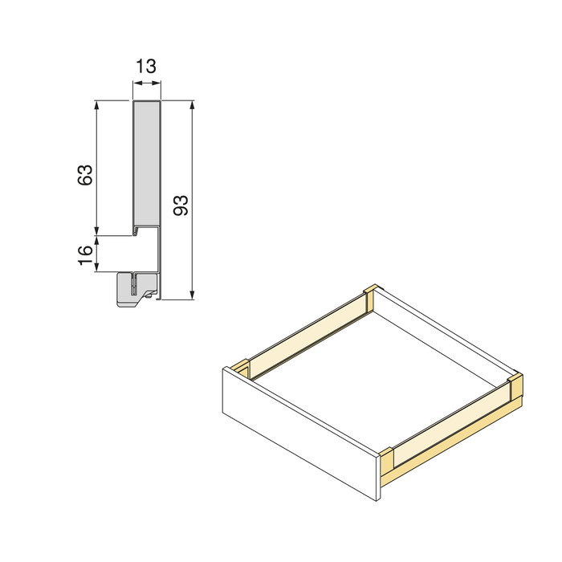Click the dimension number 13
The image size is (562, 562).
tap(145, 67)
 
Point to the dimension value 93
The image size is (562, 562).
tap(181, 205)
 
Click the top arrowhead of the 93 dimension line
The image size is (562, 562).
tap(193, 106)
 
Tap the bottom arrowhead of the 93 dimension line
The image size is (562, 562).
tap(193, 295)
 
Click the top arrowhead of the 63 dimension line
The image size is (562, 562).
tap(97, 106)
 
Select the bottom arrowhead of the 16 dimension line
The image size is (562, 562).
tap(97, 267)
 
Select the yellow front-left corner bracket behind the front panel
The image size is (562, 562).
tap(242, 369)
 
